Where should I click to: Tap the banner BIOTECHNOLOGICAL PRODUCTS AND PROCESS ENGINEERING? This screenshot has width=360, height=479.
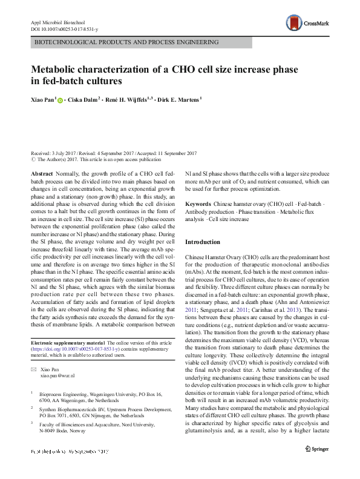(x=127, y=44)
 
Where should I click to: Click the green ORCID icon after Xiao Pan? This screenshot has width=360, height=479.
(x=61, y=99)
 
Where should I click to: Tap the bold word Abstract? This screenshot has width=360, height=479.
(x=42, y=173)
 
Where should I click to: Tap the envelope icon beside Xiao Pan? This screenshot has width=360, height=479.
(x=33, y=369)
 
